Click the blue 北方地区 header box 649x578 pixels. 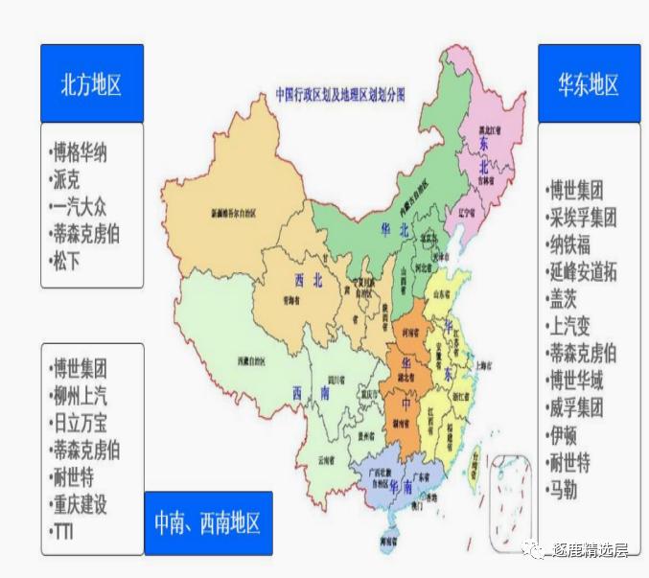(x=91, y=83)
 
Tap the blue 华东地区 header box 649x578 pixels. (x=589, y=83)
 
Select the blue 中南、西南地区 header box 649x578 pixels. (x=208, y=523)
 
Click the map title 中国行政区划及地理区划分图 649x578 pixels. (x=340, y=95)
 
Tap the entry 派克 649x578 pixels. (x=67, y=178)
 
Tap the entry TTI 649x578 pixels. (x=64, y=530)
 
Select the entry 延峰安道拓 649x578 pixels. (x=582, y=271)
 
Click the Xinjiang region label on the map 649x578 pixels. (x=227, y=213)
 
